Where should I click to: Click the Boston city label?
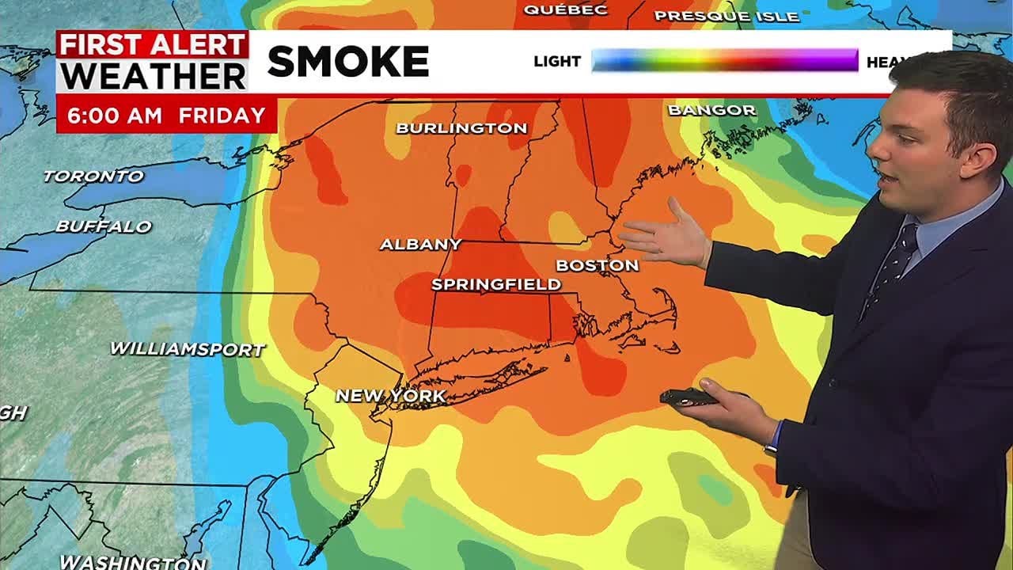[x=597, y=265]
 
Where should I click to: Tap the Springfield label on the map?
[x=496, y=284]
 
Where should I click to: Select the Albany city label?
[x=420, y=245]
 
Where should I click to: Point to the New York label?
[x=391, y=395]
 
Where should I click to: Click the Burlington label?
[x=461, y=127]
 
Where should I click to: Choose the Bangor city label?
[x=711, y=110]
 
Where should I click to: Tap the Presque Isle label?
[x=727, y=16]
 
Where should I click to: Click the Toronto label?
[x=93, y=176]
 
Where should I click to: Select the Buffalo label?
[x=103, y=226]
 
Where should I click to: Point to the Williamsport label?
[x=187, y=348]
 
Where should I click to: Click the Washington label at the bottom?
[x=133, y=562]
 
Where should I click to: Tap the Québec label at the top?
[x=565, y=9]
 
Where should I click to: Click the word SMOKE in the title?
[x=348, y=62]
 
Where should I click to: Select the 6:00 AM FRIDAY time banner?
[x=166, y=116]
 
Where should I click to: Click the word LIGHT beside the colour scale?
[x=557, y=61]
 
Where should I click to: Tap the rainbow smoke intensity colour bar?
[x=724, y=60]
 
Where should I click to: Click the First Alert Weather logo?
[x=153, y=62]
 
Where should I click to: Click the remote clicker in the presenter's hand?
[x=687, y=397]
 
